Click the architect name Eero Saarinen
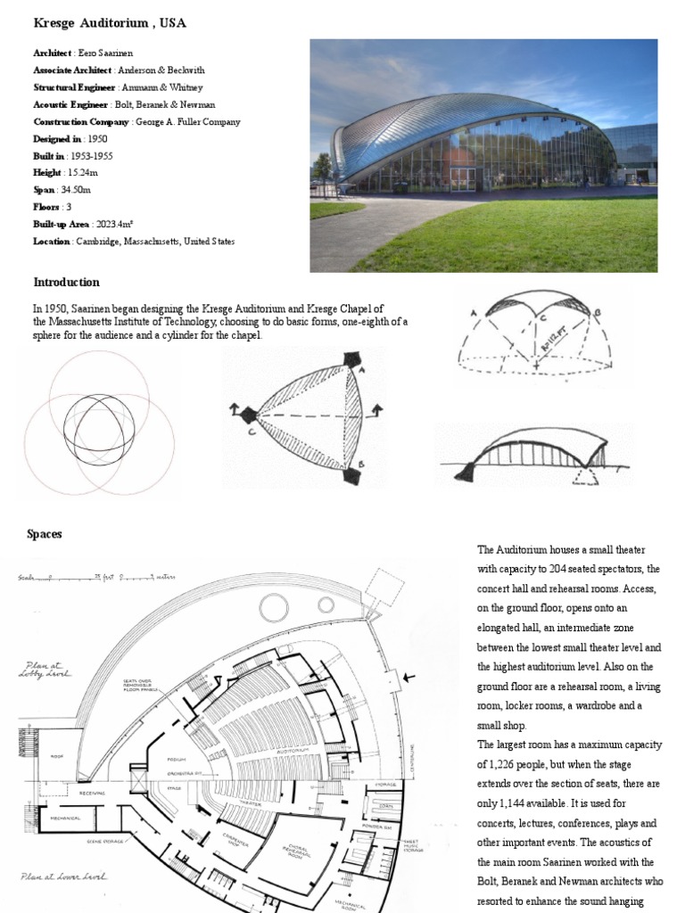[105, 53]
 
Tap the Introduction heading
[67, 283]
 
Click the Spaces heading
[45, 534]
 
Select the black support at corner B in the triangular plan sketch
[353, 475]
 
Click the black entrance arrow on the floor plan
[409, 678]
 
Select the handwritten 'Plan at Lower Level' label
[65, 876]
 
